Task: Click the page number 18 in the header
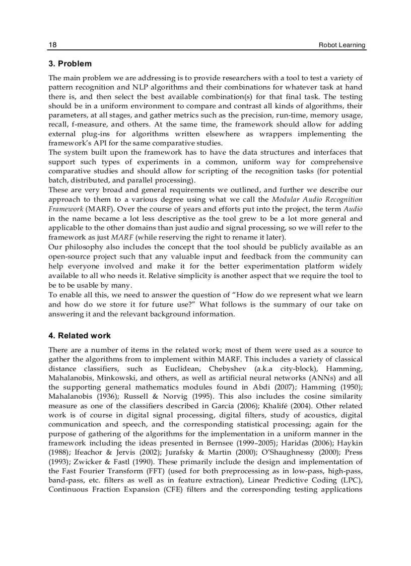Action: point(52,45)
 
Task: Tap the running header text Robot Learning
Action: point(342,45)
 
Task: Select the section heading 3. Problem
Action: point(70,64)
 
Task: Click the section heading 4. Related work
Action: point(80,336)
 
